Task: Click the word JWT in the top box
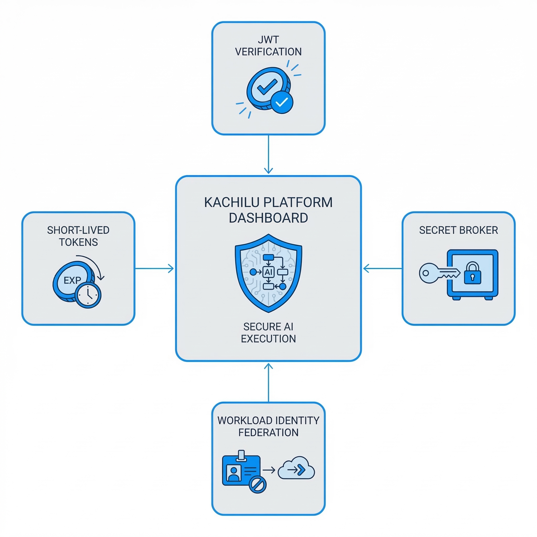(268, 40)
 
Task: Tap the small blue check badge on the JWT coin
(282, 102)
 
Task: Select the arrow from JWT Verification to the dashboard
(268, 154)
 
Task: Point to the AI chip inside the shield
(268, 272)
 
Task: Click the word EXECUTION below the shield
(268, 339)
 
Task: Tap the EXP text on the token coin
(72, 280)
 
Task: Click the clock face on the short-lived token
(88, 295)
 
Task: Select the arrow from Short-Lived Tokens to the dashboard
(154, 268)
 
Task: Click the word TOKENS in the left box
(78, 242)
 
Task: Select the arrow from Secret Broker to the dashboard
(383, 268)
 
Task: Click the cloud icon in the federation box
(296, 470)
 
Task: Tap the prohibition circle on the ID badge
(257, 485)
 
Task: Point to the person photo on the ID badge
(233, 473)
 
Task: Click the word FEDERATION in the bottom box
(268, 432)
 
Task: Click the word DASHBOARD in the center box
(268, 218)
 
